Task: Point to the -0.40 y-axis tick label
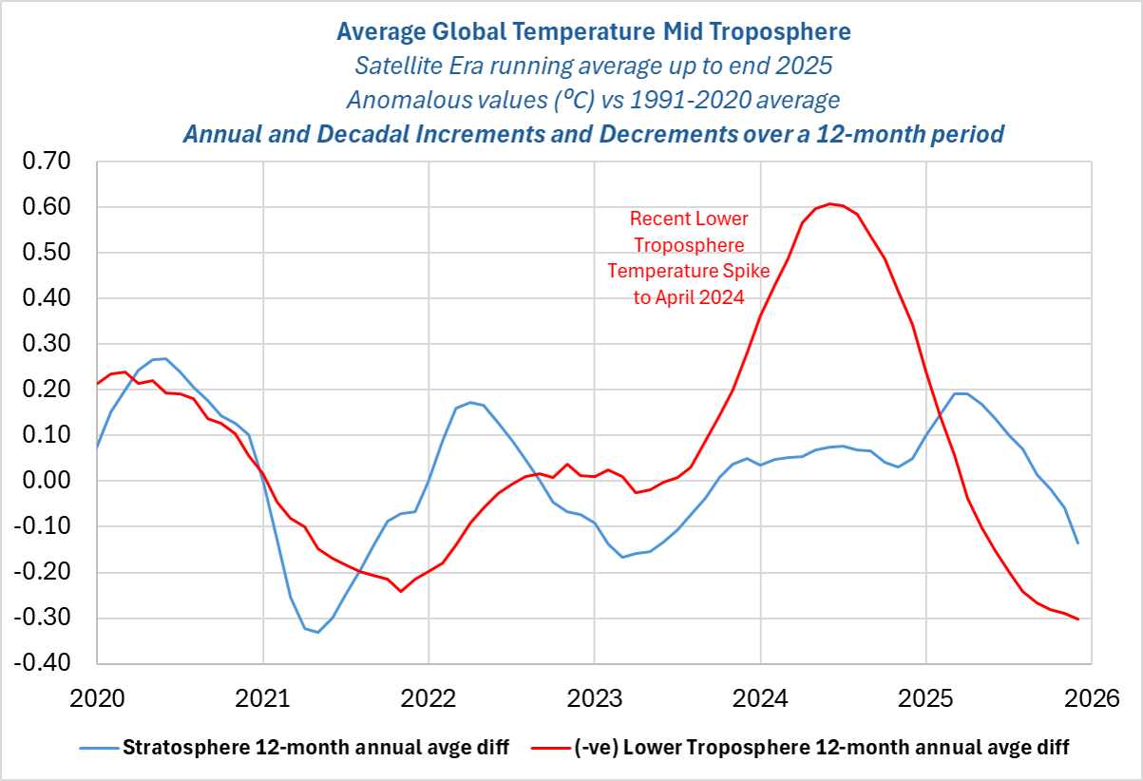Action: click(x=47, y=663)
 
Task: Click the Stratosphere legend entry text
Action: click(x=316, y=748)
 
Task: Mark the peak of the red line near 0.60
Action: click(x=829, y=203)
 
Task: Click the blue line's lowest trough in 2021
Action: click(x=317, y=632)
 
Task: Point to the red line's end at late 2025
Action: click(x=1077, y=619)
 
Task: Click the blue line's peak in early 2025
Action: click(x=961, y=393)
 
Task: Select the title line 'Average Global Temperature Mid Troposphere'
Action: click(x=594, y=31)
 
